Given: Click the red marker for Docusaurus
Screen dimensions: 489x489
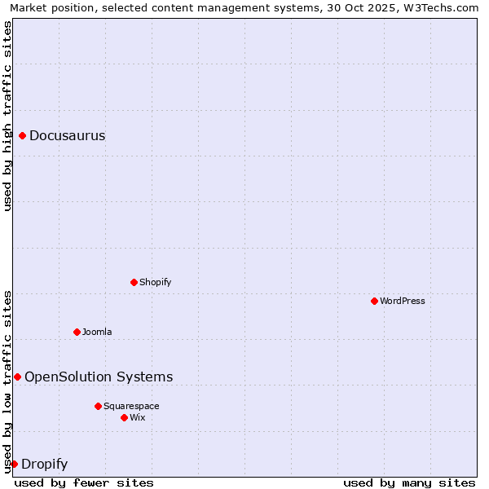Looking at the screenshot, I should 23,136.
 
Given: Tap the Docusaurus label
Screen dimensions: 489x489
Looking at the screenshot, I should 67,136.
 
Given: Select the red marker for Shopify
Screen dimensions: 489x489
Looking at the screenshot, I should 134,283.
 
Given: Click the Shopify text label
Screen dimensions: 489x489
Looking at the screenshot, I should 155,283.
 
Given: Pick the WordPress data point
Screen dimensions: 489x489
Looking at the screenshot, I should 374,302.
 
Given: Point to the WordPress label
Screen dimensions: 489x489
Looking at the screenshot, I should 402,302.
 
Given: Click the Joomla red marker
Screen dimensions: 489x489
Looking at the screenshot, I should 77,333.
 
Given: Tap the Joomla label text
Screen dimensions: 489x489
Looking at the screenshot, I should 97,333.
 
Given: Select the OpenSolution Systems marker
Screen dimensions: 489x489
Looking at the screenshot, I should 17,377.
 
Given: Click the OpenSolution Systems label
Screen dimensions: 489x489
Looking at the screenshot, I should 99,377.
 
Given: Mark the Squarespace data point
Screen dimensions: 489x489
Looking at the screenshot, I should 98,407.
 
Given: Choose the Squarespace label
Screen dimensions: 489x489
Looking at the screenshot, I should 131,407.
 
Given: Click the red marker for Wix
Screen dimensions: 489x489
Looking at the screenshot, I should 124,418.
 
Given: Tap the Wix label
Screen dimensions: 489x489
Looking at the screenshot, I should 137,418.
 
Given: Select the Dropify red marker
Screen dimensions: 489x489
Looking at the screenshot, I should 14,465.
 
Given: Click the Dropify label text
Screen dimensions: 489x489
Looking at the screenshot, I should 44,465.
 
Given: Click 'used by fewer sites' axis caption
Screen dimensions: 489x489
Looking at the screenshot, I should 84,483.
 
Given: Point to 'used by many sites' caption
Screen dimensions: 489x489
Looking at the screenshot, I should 409,483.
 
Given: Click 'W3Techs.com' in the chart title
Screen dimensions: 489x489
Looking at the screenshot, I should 441,8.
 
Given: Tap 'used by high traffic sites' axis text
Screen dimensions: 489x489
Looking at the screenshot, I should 8,116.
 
